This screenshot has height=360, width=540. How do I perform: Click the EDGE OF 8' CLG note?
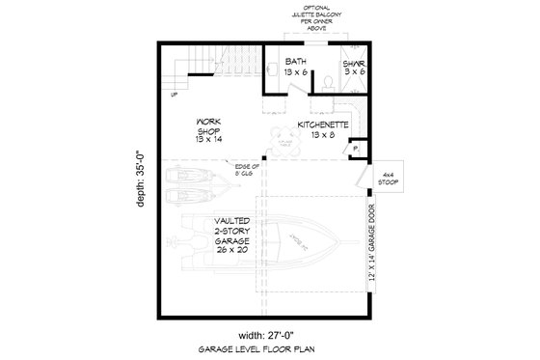249,173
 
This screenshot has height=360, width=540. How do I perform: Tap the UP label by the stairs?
174,95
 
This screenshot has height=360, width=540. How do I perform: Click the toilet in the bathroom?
332,83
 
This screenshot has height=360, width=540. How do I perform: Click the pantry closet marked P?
355,149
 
